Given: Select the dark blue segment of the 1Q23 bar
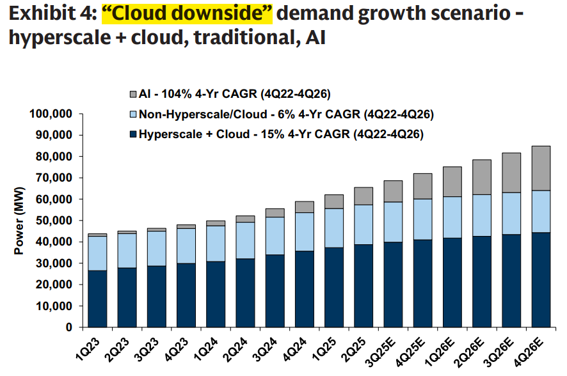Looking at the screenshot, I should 97,299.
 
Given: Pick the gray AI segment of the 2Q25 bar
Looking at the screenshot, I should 363,196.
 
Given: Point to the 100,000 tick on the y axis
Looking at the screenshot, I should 55,114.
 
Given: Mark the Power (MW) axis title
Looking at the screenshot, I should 19,221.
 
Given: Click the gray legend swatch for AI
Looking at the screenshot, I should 132,95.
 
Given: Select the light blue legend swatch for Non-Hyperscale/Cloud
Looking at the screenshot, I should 132,114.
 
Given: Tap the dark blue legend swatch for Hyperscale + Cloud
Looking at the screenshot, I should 132,134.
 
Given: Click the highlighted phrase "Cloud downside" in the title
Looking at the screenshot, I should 187,14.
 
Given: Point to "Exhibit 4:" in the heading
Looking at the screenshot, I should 51,14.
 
